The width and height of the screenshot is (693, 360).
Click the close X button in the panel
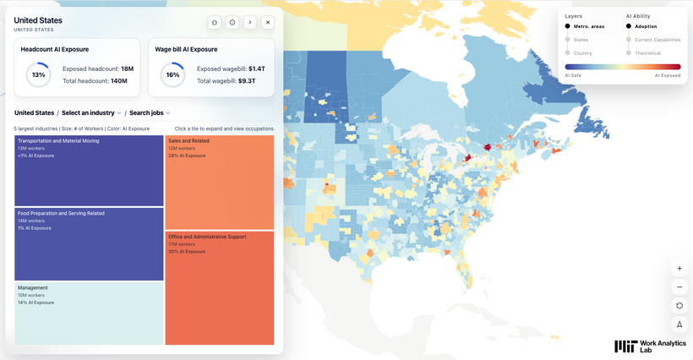click(x=268, y=23)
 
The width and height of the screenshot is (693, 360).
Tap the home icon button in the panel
click(x=215, y=23)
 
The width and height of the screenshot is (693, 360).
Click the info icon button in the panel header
click(x=232, y=23)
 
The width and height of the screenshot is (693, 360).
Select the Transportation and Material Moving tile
click(x=89, y=171)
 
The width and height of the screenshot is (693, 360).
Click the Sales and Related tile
click(x=220, y=182)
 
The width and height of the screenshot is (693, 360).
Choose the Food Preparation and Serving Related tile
click(x=89, y=244)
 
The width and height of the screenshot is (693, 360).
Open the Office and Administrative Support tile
click(x=220, y=287)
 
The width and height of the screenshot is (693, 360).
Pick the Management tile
click(x=89, y=314)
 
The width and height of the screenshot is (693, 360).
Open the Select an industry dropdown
click(x=91, y=113)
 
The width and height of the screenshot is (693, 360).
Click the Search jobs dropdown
click(x=150, y=113)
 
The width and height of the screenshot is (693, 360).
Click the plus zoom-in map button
click(x=679, y=268)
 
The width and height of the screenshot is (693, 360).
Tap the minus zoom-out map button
click(x=679, y=287)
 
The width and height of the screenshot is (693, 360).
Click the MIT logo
click(x=626, y=346)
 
